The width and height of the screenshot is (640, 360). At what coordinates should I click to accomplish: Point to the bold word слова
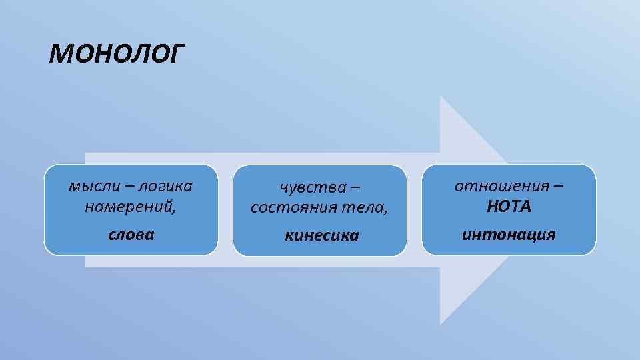pos(131,235)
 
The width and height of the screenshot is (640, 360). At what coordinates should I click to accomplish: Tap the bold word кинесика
pos(321,235)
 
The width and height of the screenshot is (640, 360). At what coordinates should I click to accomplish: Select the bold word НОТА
pos(509,207)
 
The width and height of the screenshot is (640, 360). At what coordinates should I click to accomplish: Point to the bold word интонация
pos(509,235)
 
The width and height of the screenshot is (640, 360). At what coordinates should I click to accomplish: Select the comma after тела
pos(385,211)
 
